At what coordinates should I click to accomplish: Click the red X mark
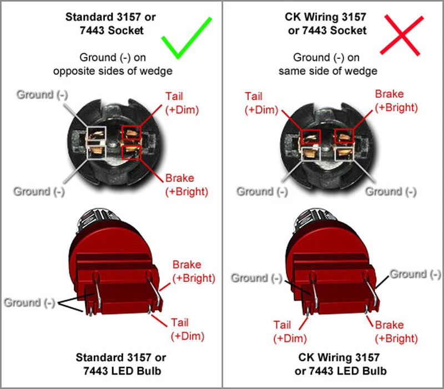tap(402, 35)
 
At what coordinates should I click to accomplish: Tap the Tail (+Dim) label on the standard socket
tap(182, 103)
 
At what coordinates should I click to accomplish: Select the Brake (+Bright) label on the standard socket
tap(186, 185)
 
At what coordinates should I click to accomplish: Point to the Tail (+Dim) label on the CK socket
tap(261, 103)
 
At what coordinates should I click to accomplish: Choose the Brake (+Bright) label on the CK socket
tap(396, 101)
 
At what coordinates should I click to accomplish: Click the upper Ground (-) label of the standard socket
tap(42, 94)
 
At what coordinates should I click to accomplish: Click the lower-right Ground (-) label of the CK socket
tap(391, 191)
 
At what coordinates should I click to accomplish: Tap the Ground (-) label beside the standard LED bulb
tap(29, 302)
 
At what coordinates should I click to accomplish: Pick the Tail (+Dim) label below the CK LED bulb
tap(290, 332)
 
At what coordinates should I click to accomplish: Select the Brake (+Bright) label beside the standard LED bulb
tap(194, 271)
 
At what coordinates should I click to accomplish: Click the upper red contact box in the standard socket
tap(132, 133)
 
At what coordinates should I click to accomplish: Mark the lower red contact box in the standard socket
tap(132, 152)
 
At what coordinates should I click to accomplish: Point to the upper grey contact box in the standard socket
tap(96, 133)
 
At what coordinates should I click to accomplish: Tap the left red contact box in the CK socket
tap(311, 137)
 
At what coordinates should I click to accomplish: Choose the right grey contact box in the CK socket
tap(344, 154)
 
